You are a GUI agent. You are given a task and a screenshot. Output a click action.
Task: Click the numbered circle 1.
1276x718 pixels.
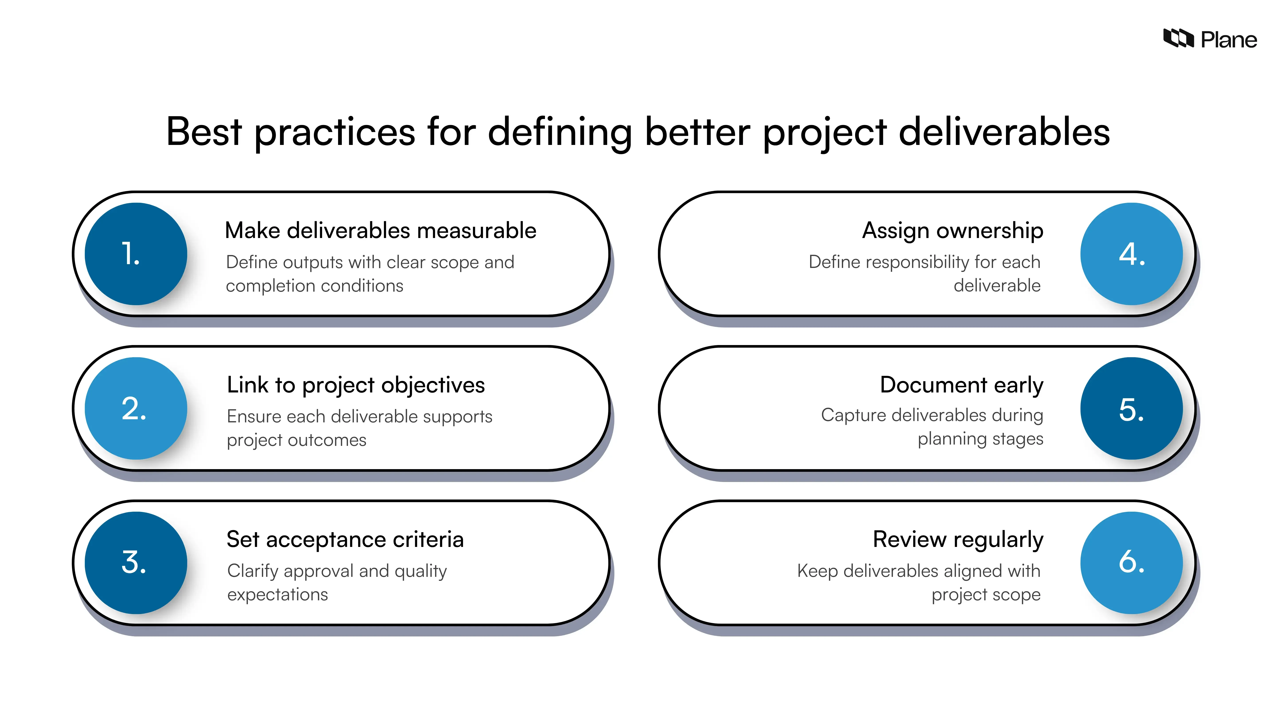click(x=136, y=254)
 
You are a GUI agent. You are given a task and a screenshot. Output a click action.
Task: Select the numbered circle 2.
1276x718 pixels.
click(x=136, y=408)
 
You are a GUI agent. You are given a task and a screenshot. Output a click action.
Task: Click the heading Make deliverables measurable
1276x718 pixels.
click(x=380, y=230)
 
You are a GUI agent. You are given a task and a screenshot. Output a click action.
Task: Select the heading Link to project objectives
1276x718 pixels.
click(x=356, y=385)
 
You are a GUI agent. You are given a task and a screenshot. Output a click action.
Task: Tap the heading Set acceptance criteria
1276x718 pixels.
click(x=345, y=539)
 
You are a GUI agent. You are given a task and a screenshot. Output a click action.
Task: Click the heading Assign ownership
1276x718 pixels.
click(x=953, y=230)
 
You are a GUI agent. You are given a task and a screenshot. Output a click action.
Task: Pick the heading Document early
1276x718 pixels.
click(x=961, y=385)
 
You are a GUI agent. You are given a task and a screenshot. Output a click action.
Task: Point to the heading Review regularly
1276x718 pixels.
click(x=958, y=539)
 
